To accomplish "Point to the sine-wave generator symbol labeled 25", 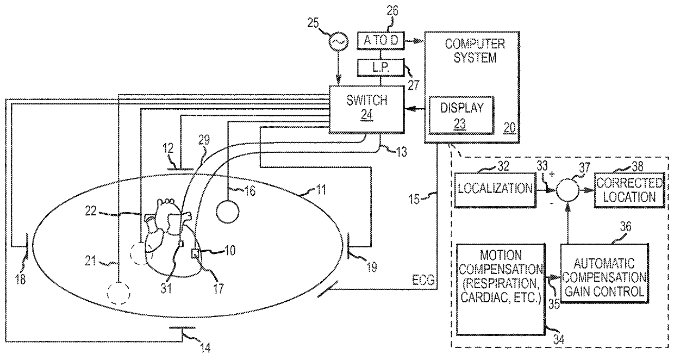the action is click(339, 41).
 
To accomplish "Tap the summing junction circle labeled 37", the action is click(567, 190).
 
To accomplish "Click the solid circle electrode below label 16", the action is click(228, 212).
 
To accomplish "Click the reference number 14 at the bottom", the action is click(205, 348).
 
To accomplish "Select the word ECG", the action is click(423, 281).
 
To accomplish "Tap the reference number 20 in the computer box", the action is click(509, 128).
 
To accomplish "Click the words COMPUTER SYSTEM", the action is click(475, 51).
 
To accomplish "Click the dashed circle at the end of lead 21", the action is click(118, 293).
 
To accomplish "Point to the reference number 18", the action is click(20, 280).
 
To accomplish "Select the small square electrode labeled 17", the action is click(195, 254).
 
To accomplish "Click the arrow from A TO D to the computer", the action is click(415, 41).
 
